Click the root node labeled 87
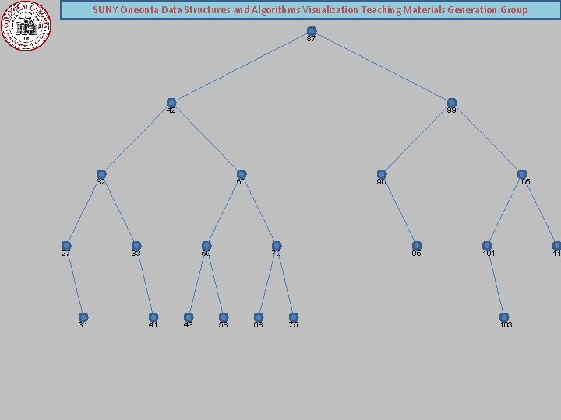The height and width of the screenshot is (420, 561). tap(312, 31)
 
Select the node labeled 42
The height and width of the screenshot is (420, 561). tap(171, 103)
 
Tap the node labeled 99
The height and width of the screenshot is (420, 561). tap(452, 103)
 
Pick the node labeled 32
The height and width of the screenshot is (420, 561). tap(101, 174)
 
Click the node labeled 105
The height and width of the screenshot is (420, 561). tap(522, 174)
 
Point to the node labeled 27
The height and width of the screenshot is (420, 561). tap(66, 246)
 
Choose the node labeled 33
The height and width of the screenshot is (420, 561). tap(136, 246)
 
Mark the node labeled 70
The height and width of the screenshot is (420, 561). tap(277, 246)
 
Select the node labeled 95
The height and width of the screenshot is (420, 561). tap(417, 246)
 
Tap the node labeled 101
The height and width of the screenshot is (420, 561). tap(487, 246)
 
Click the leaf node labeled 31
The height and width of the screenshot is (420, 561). tap(83, 317)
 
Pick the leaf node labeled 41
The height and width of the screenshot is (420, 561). tap(153, 317)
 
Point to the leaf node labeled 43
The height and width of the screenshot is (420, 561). tap(189, 317)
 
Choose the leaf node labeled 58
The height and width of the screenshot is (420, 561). tap(224, 317)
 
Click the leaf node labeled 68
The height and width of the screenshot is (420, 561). tap(259, 317)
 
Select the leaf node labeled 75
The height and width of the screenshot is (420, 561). tap(294, 317)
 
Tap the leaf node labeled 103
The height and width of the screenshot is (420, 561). tap(504, 317)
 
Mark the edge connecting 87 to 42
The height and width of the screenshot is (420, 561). tap(242, 67)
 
